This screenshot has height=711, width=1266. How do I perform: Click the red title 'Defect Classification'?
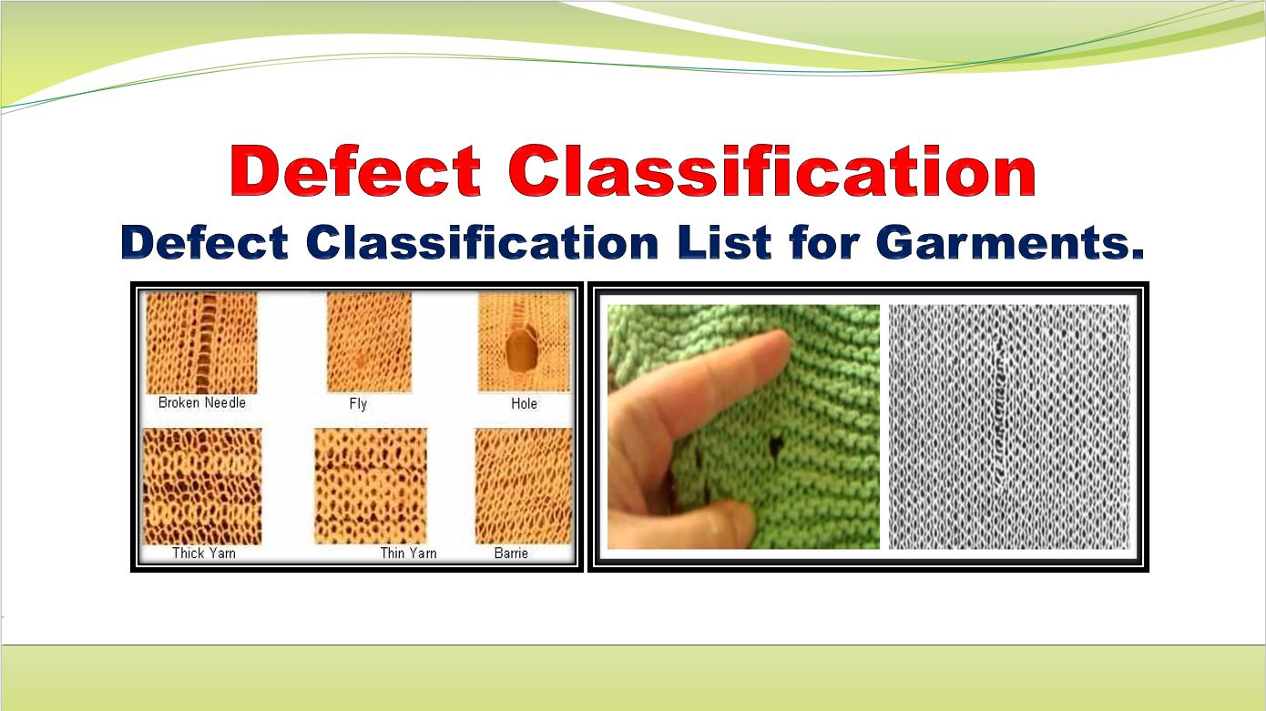tap(632, 172)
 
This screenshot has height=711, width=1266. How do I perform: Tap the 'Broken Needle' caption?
tap(201, 402)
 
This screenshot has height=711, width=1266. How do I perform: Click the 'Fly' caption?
tap(358, 403)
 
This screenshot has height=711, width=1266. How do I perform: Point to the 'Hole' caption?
tap(524, 403)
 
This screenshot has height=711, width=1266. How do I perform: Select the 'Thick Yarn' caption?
tap(203, 553)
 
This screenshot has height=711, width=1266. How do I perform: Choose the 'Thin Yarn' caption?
tap(408, 553)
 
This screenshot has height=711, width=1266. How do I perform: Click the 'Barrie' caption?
tap(511, 553)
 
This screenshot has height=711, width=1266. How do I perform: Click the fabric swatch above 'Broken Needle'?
tap(202, 343)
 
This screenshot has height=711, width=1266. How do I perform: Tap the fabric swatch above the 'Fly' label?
tap(369, 342)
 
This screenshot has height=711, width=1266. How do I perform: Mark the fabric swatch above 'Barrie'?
tap(523, 486)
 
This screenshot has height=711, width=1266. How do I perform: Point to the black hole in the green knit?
tap(778, 444)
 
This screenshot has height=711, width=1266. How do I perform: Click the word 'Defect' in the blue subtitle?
tap(205, 243)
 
